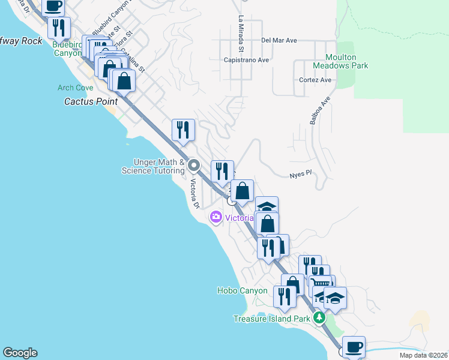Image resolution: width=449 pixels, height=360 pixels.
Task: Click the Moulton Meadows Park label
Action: [x=340, y=61]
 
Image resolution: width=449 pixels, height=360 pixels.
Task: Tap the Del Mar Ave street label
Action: [x=279, y=41]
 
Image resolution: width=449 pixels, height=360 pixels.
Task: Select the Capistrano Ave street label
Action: [x=246, y=60]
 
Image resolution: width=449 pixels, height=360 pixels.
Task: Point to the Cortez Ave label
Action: [x=315, y=80]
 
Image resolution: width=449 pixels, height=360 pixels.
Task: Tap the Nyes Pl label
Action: [x=301, y=174]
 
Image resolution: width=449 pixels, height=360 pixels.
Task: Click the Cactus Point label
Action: [x=91, y=101]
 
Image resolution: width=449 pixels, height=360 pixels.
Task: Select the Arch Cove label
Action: [x=75, y=88]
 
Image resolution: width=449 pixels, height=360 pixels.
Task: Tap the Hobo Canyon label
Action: [x=242, y=290]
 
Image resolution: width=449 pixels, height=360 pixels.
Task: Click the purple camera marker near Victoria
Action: [x=216, y=217]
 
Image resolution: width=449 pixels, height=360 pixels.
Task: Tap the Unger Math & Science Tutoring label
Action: [x=153, y=166]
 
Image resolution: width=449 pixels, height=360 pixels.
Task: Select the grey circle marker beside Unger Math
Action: [x=193, y=165]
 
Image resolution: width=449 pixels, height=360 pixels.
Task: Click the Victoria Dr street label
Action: [x=194, y=194]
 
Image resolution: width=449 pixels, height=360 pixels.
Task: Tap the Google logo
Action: [x=20, y=353]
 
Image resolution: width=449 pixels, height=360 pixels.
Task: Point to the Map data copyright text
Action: [x=423, y=355]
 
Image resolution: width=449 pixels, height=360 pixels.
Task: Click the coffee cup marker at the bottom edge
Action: [x=354, y=346]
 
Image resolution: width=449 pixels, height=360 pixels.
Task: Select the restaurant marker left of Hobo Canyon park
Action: [x=283, y=296]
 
